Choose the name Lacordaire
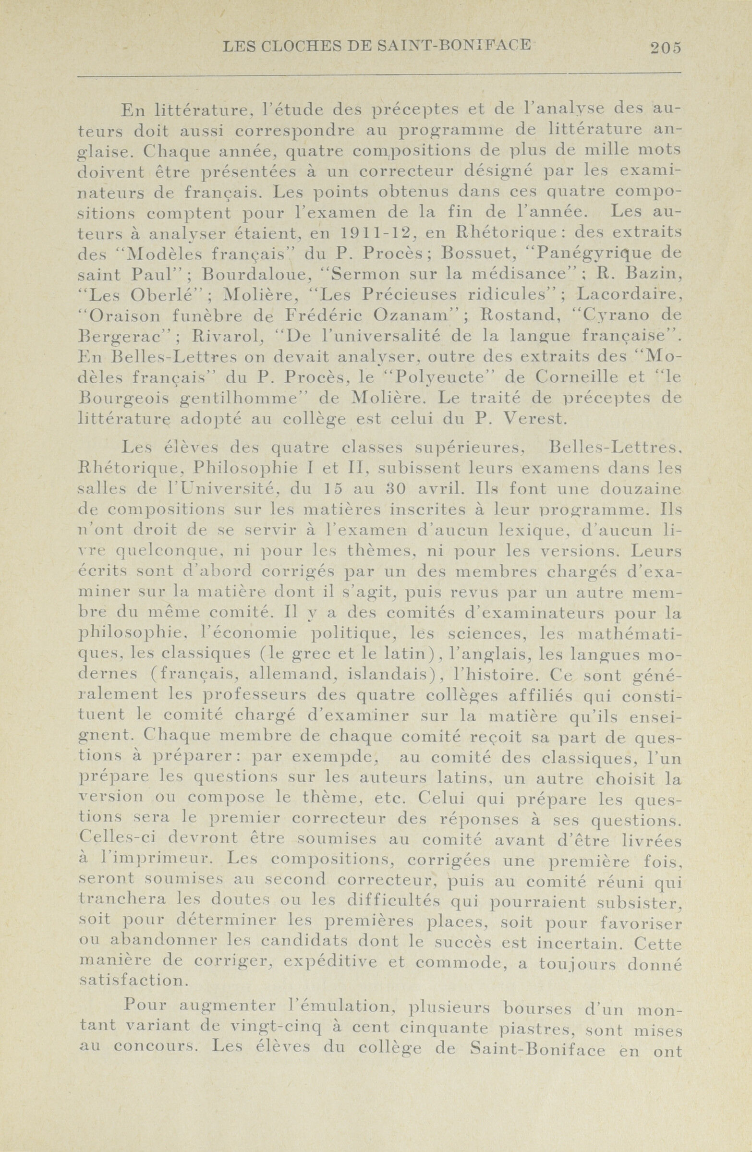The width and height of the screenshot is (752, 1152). point(630,294)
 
